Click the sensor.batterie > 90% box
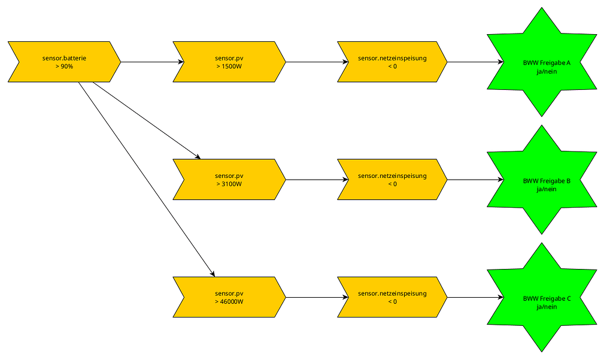64,62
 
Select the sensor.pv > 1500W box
229,62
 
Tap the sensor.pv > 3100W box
229,180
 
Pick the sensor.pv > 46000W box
229,297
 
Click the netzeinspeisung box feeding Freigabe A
392,62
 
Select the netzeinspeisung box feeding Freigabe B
392,180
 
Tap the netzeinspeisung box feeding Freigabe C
392,297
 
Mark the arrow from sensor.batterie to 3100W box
146,120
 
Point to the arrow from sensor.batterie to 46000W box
146,179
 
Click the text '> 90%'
64,66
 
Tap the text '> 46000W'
229,302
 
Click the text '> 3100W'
229,184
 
